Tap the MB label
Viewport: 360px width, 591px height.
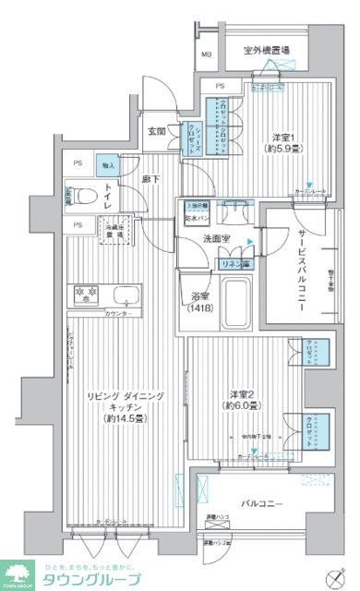[x=207, y=54]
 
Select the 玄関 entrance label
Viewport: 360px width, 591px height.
[x=158, y=131]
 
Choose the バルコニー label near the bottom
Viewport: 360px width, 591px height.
[x=261, y=504]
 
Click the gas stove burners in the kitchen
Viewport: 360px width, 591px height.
[x=85, y=295]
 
